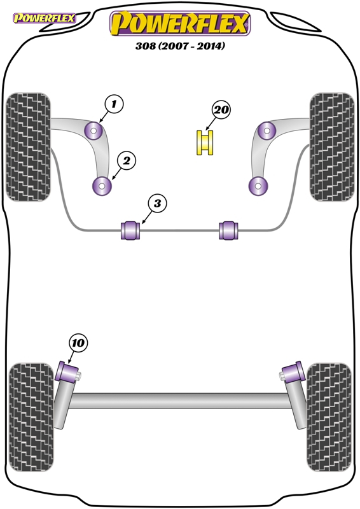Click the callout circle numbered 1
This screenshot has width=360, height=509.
(114, 104)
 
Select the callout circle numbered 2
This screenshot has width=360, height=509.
(127, 161)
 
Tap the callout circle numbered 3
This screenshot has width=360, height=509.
(157, 204)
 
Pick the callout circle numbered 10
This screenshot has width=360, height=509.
(78, 343)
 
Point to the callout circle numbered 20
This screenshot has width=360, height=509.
(221, 109)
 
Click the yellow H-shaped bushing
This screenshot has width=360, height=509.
(205, 143)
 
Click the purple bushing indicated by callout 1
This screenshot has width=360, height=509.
(93, 130)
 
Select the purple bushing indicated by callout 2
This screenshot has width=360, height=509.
(102, 186)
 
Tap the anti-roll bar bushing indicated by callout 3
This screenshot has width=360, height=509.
(130, 230)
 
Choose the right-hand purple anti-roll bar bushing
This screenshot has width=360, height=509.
(228, 230)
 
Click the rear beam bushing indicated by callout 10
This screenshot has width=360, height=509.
(67, 372)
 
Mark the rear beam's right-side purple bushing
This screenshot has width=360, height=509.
(293, 372)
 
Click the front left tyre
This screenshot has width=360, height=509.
(29, 147)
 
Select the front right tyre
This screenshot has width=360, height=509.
(332, 147)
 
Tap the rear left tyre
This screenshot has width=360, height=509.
(31, 417)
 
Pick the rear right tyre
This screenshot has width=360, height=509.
(329, 417)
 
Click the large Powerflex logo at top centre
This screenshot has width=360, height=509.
(180, 24)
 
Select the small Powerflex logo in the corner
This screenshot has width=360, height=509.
(44, 18)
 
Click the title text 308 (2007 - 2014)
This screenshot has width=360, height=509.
(180, 46)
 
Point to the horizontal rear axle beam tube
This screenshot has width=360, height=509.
(180, 401)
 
